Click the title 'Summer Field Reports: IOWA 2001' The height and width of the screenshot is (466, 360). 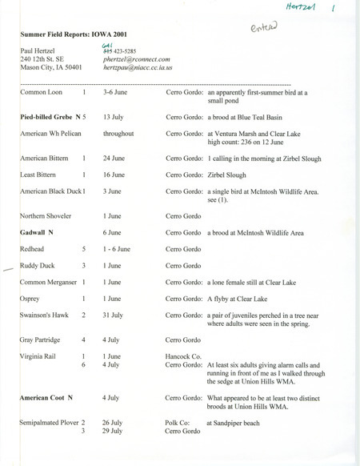coord(73,35)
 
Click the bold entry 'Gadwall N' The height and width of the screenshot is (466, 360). coord(38,232)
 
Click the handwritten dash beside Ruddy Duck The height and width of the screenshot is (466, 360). coord(9,270)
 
